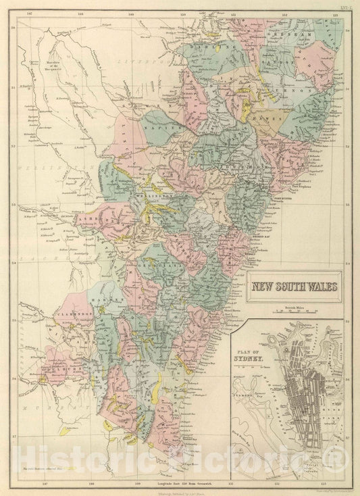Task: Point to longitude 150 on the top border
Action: (x=183, y=12)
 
